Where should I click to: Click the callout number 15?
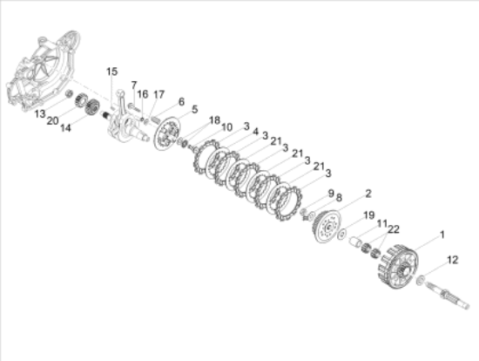(x=111, y=72)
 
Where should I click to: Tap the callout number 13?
(x=40, y=114)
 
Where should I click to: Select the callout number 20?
(x=52, y=121)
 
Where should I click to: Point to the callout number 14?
(x=65, y=127)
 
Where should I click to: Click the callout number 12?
(x=452, y=260)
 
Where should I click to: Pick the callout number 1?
(x=442, y=235)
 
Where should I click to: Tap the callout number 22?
(x=394, y=229)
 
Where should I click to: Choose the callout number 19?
(x=369, y=215)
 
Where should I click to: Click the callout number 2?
(x=368, y=194)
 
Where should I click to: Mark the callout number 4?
(x=256, y=132)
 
